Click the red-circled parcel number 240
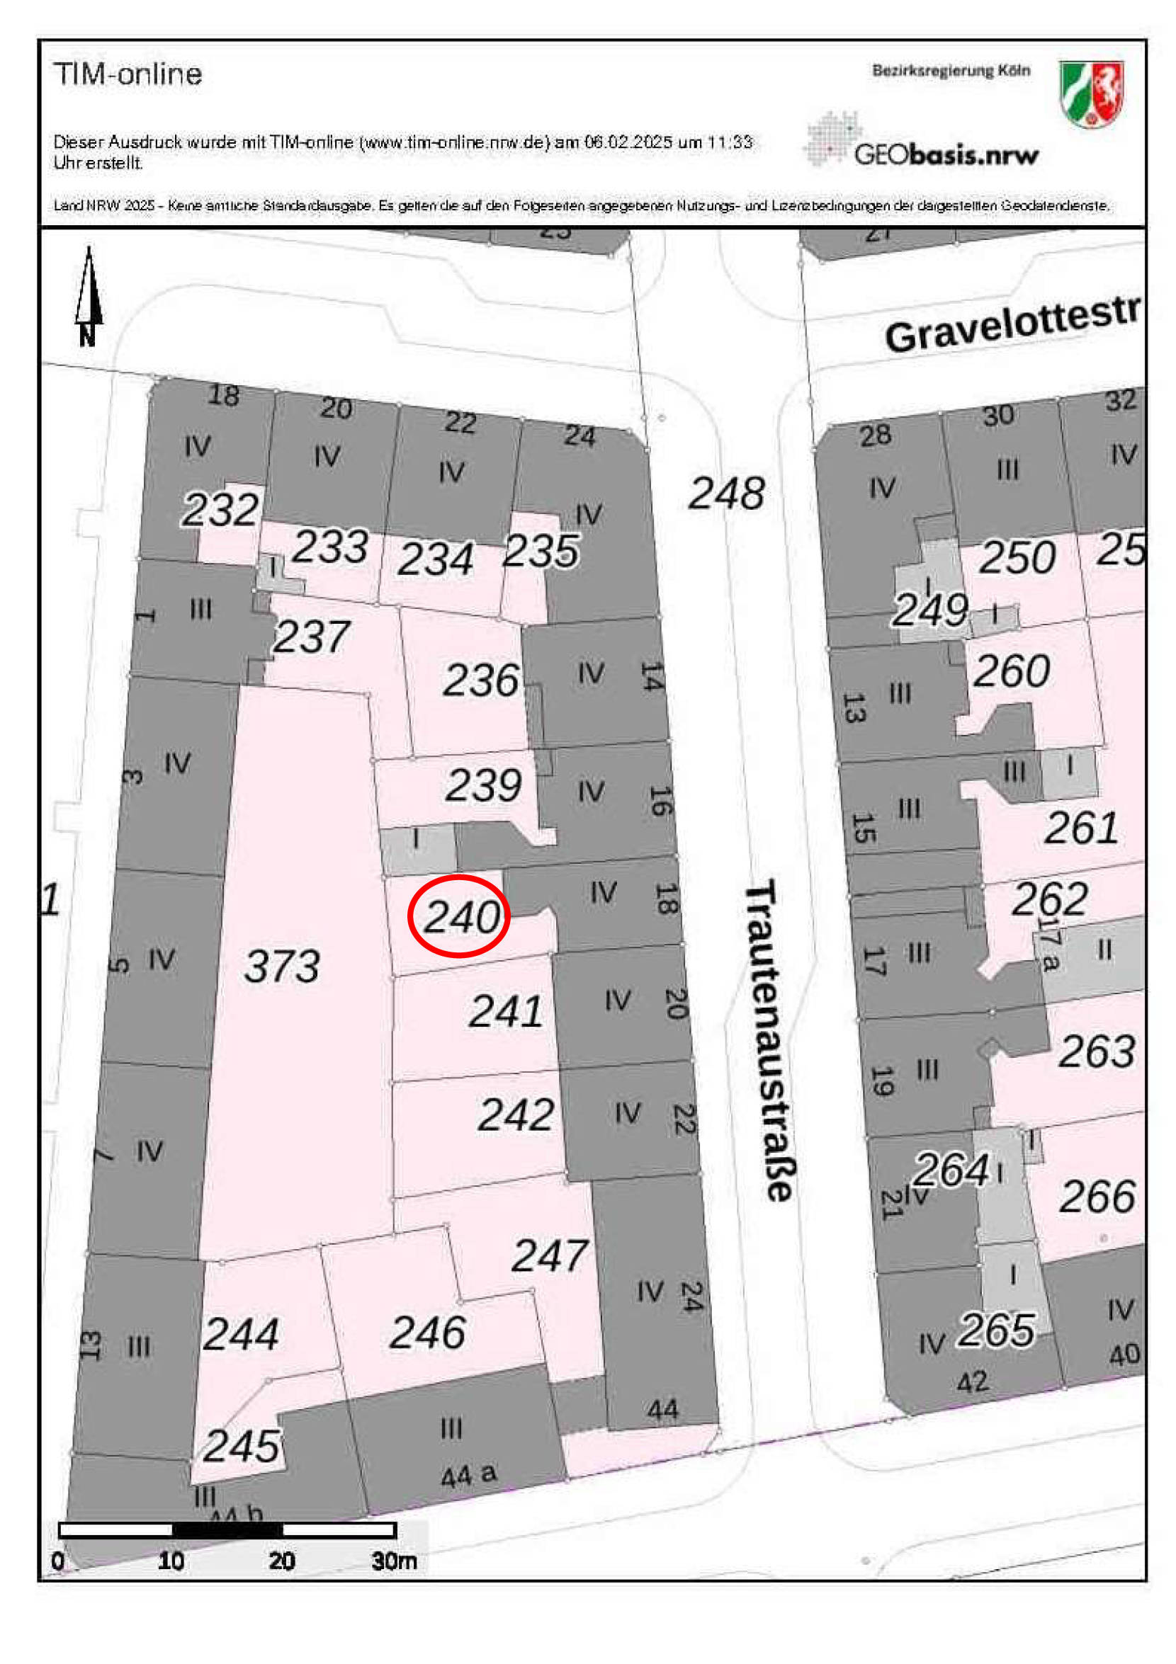click(x=461, y=917)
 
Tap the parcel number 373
click(x=282, y=966)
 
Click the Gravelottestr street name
click(x=1011, y=324)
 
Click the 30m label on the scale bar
click(x=394, y=1561)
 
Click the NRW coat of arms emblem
click(x=1090, y=93)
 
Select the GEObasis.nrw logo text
click(x=946, y=154)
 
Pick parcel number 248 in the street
click(x=725, y=494)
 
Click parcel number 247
click(x=549, y=1256)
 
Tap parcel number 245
click(x=241, y=1447)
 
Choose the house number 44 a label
click(x=468, y=1475)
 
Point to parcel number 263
click(x=1095, y=1052)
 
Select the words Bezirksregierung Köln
click(x=951, y=71)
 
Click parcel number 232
click(x=220, y=510)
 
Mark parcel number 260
click(x=1011, y=671)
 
